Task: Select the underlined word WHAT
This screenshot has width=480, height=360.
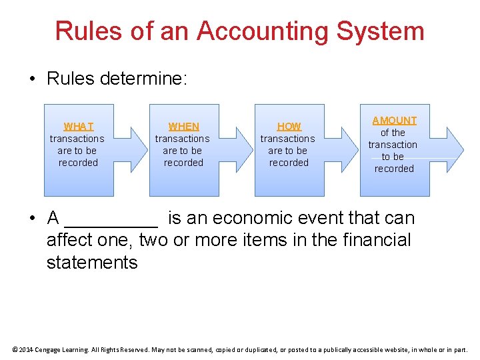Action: [x=79, y=126]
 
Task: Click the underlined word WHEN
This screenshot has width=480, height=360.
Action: [x=183, y=126]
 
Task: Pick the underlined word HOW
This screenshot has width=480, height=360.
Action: [x=289, y=126]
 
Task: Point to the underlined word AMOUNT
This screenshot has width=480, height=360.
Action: [x=394, y=121]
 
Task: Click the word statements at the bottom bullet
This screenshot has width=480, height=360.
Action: [x=92, y=263]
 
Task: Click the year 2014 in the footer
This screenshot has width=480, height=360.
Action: [x=25, y=349]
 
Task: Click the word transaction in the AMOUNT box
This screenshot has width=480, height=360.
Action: [x=393, y=145]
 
